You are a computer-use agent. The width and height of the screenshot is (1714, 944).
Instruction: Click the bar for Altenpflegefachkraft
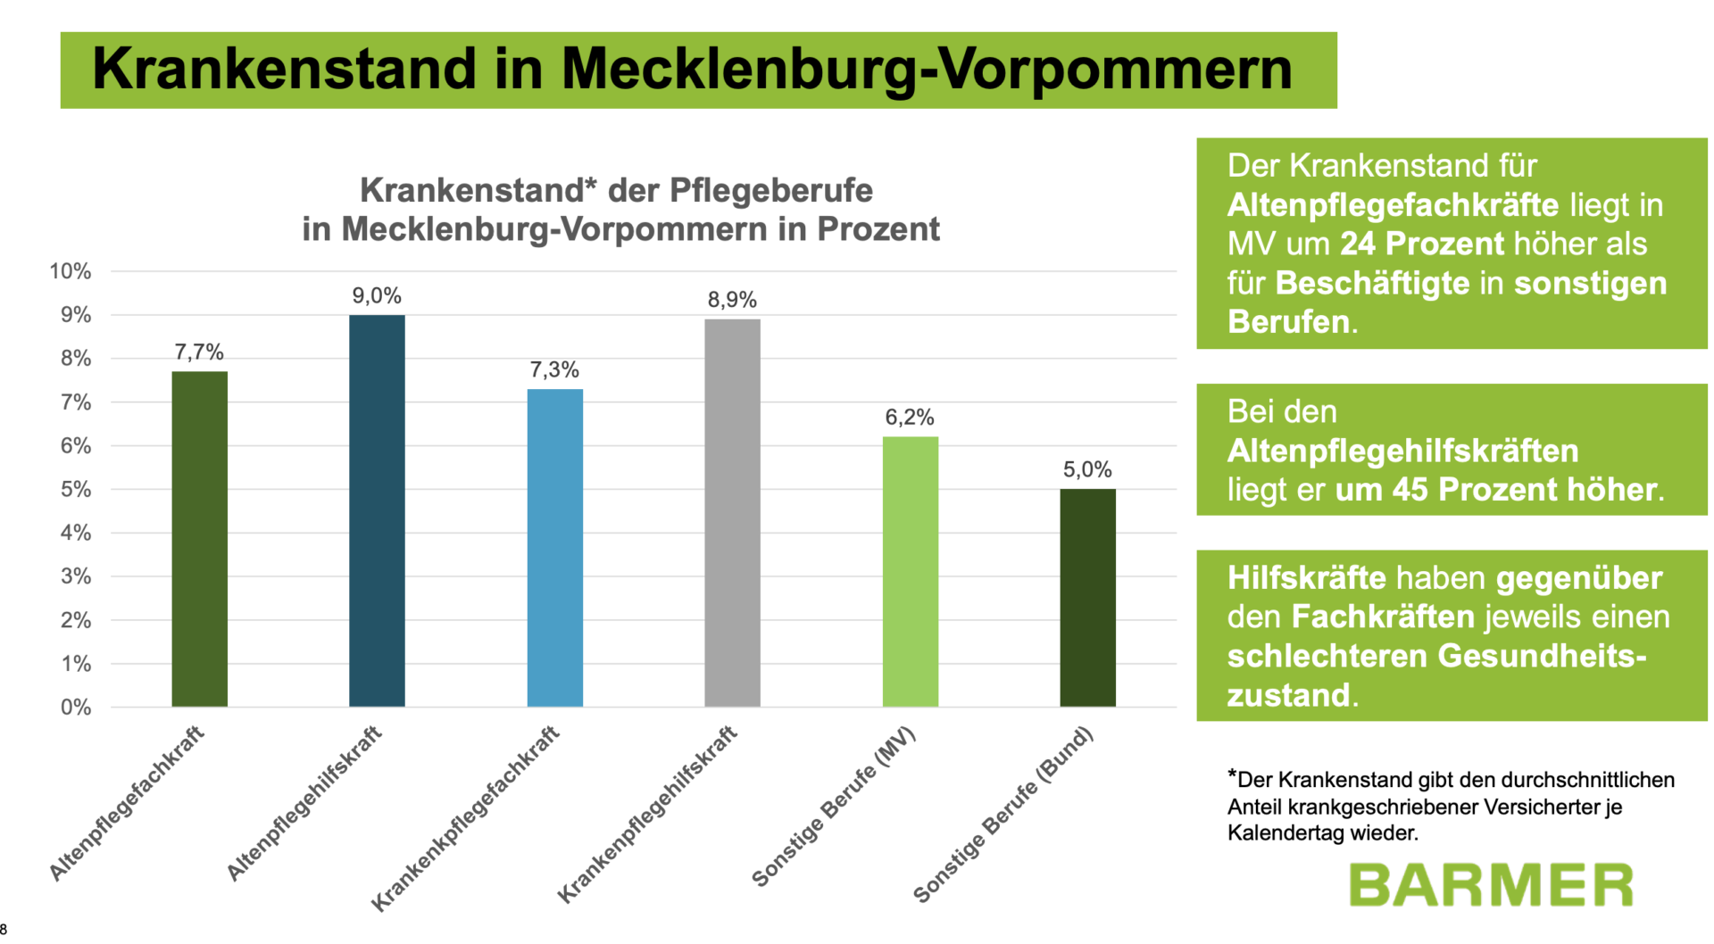tap(199, 539)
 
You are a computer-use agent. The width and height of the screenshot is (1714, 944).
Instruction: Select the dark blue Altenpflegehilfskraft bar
tap(377, 510)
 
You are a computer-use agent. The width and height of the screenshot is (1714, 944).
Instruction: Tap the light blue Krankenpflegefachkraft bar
tap(554, 548)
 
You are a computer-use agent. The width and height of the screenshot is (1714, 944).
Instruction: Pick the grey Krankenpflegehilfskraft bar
tap(732, 513)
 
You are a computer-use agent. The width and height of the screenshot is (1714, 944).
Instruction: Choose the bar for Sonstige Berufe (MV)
tap(910, 571)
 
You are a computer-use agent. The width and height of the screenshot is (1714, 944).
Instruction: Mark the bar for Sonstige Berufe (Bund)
tap(1087, 598)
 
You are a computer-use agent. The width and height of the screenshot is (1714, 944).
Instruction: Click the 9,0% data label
tap(377, 296)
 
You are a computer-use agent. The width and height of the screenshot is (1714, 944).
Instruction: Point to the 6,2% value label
tap(910, 418)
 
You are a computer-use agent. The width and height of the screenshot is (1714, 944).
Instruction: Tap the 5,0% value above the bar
tap(1087, 470)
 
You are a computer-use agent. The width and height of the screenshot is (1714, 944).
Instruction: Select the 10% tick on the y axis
tap(71, 271)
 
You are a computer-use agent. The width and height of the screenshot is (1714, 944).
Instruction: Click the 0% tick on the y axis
tap(75, 708)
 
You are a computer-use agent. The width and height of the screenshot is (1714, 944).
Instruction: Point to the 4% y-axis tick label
tap(75, 533)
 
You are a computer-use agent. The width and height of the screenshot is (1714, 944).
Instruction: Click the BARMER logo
tap(1491, 885)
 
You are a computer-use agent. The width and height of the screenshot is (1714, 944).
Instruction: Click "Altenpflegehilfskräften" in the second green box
tap(1402, 451)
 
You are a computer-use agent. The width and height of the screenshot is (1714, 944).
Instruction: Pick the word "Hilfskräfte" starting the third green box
tap(1306, 578)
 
